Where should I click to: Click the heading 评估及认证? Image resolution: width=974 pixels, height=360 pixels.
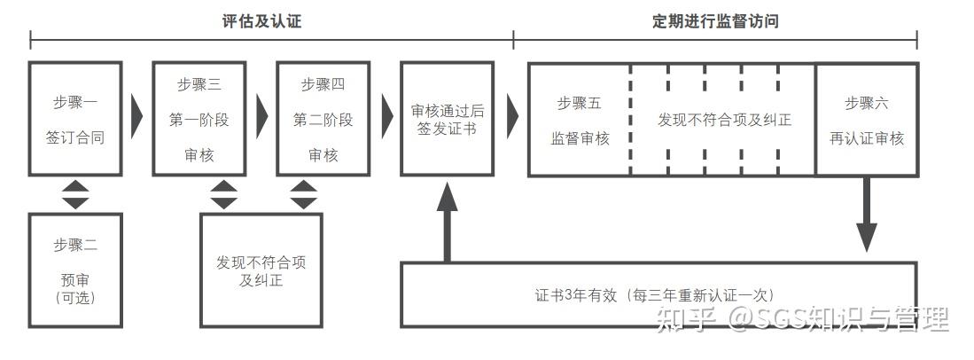click(261, 21)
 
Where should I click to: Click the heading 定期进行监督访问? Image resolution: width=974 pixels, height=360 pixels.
click(715, 21)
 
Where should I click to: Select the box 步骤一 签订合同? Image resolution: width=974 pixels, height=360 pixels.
click(74, 119)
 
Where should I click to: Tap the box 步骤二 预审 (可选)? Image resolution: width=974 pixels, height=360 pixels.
click(74, 271)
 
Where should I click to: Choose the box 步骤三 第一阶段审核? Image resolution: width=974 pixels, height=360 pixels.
click(199, 119)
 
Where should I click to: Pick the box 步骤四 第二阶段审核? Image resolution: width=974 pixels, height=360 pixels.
click(323, 119)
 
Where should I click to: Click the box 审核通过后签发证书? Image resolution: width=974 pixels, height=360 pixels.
click(447, 119)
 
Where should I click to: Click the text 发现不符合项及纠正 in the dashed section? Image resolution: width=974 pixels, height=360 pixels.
click(724, 119)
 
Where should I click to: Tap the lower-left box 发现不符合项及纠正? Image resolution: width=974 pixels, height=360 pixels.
click(261, 271)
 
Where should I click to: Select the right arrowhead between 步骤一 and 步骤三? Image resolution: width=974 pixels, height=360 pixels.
click(136, 113)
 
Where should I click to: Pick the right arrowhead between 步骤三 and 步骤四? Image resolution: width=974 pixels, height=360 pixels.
click(261, 113)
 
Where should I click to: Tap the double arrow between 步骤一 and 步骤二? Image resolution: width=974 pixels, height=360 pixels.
click(75, 195)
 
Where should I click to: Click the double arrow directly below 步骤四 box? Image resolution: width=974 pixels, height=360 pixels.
click(304, 195)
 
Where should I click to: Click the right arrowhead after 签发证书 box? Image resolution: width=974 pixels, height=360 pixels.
click(511, 113)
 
